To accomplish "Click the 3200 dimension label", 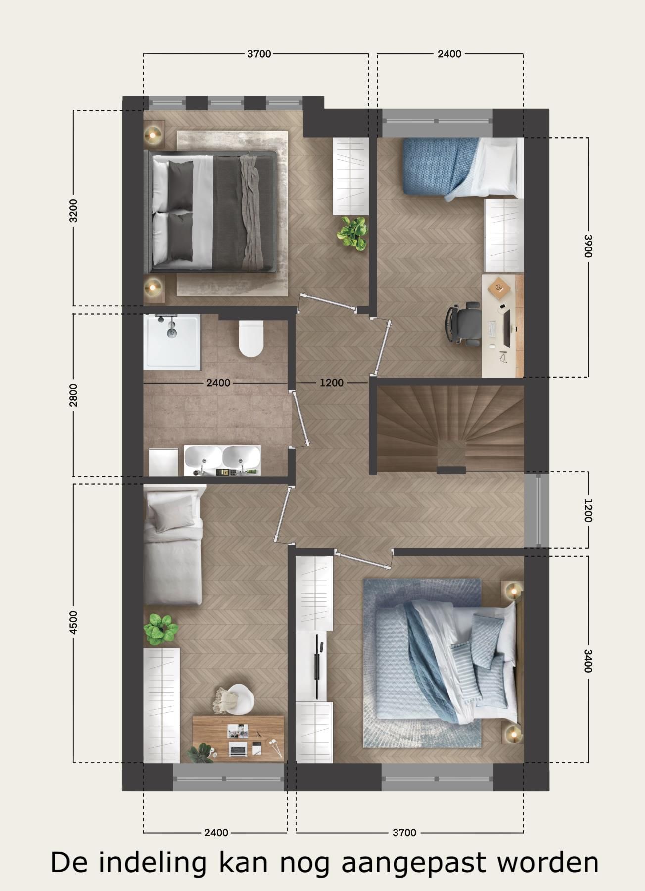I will point(73,210).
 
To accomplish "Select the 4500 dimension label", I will point(73,622).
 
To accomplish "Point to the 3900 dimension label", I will point(588,246).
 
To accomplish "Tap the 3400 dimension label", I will point(588,661).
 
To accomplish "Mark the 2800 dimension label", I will point(73,395).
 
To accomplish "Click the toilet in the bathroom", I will point(251,338).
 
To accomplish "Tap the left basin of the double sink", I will point(202,456).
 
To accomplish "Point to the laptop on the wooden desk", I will point(238,748).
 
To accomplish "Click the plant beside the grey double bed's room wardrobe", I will point(353,232).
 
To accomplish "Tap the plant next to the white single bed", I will point(159,629).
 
